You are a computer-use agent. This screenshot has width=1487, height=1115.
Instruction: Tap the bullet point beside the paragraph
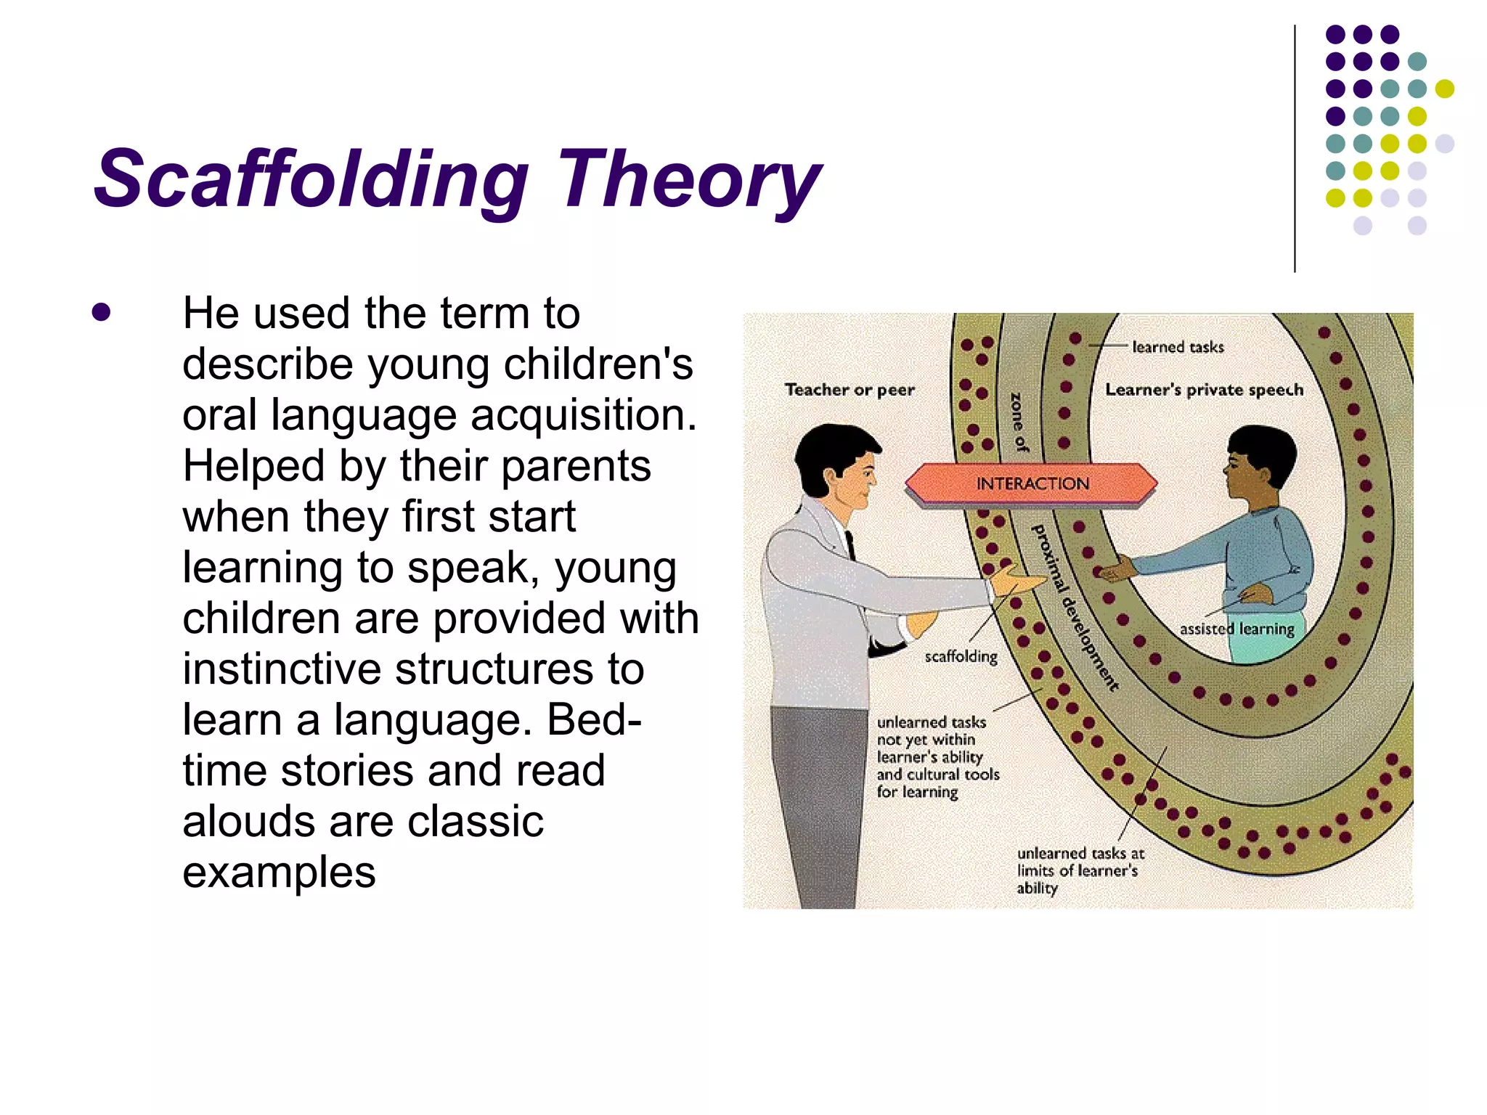point(102,312)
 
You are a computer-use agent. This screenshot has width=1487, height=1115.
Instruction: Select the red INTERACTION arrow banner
point(1031,483)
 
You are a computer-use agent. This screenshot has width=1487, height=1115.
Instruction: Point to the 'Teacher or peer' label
point(850,390)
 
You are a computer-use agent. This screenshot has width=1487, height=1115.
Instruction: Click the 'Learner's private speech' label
point(1204,390)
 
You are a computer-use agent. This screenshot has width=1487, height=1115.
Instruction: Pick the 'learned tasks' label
point(1178,347)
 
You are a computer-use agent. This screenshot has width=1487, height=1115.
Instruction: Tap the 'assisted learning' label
point(1237,629)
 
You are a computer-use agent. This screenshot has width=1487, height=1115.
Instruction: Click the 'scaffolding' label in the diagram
point(961,656)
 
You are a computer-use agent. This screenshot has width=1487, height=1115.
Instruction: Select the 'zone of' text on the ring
point(1019,422)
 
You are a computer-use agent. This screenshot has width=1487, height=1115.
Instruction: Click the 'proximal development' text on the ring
point(1075,606)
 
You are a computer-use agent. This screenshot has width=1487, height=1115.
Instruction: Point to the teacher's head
point(839,465)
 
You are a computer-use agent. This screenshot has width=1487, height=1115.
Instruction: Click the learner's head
point(1260,465)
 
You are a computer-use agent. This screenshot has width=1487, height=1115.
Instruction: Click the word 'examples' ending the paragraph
point(279,873)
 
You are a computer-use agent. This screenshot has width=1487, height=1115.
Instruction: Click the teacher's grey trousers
point(817,799)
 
